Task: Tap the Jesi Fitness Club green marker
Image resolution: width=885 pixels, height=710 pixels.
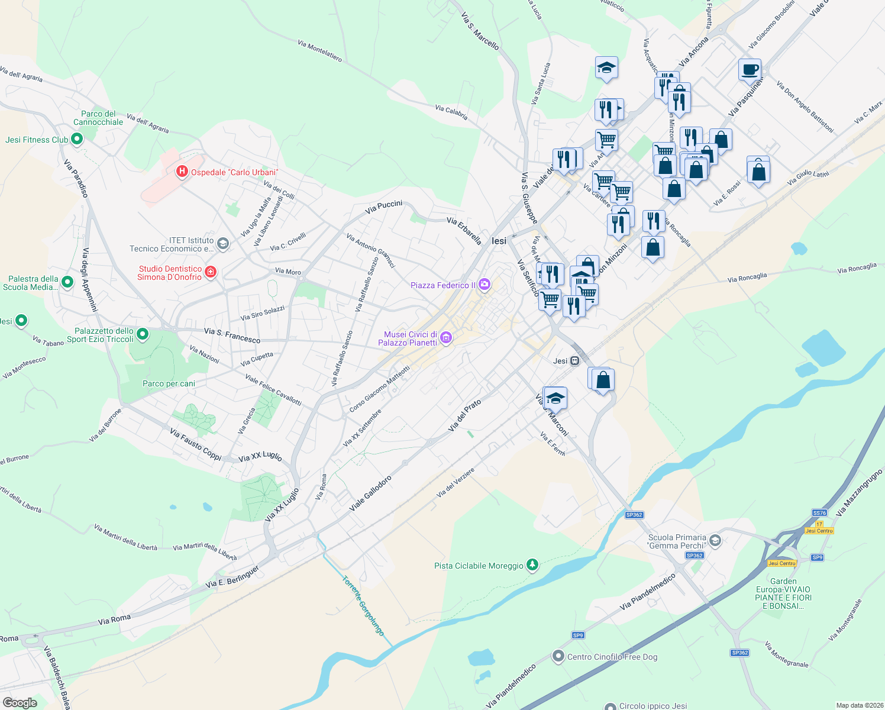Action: (76, 140)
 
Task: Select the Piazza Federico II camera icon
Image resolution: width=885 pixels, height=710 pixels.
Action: (485, 285)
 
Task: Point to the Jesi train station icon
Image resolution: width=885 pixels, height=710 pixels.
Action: (574, 360)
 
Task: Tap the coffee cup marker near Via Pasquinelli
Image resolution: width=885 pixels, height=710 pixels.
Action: (750, 70)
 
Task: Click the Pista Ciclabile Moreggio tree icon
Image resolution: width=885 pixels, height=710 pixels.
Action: (532, 565)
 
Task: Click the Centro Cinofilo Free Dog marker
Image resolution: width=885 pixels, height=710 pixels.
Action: (558, 656)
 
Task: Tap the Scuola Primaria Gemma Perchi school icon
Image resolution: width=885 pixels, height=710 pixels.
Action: (715, 541)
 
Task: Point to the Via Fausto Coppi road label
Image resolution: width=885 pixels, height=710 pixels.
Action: (195, 444)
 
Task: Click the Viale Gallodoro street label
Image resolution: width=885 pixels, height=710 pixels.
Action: (370, 493)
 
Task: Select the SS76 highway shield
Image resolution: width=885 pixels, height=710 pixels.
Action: (819, 513)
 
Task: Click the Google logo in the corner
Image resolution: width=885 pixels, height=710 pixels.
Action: (20, 702)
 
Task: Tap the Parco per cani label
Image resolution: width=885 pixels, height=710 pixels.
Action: (169, 383)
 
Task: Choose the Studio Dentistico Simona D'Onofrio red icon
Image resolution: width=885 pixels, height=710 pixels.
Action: (210, 272)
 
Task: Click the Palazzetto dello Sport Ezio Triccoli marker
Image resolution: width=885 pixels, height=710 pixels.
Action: (143, 335)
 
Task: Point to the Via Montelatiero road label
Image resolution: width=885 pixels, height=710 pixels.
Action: (319, 51)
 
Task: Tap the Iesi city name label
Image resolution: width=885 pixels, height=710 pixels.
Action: (499, 241)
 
